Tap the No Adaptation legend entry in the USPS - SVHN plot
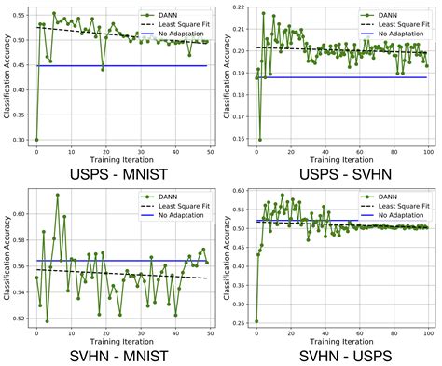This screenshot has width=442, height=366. click(x=394, y=33)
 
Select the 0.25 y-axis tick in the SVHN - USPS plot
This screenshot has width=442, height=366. click(x=241, y=321)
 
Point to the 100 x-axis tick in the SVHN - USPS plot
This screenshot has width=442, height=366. click(x=426, y=332)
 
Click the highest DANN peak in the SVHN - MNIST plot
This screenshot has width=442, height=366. click(x=57, y=196)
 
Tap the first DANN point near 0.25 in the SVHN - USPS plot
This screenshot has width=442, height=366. click(x=256, y=321)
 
